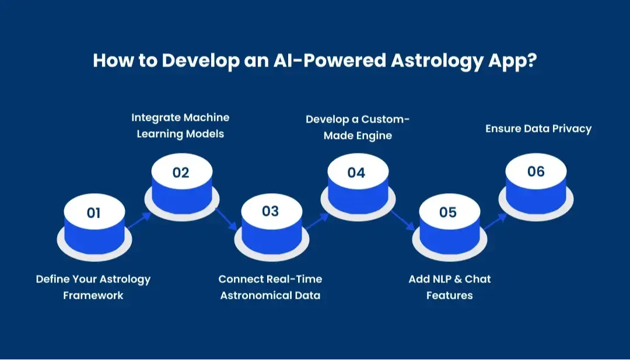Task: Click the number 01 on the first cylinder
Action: (93, 213)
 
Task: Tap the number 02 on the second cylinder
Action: (181, 173)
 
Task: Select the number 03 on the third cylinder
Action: (270, 211)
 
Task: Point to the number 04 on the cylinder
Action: (356, 173)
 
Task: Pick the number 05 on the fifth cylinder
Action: (448, 212)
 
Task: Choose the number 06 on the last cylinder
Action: (535, 172)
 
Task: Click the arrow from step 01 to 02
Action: (139, 220)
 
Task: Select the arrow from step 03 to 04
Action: (316, 220)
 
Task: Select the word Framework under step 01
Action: (93, 295)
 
